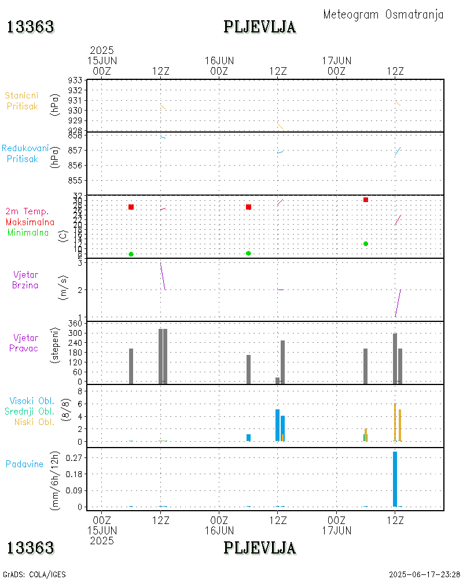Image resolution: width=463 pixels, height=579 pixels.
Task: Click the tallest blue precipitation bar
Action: click(x=395, y=479)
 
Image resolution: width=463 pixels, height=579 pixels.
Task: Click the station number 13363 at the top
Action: click(x=31, y=27)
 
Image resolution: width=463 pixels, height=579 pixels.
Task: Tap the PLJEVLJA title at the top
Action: click(x=260, y=27)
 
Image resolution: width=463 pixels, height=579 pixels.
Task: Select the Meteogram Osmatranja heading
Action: click(x=383, y=14)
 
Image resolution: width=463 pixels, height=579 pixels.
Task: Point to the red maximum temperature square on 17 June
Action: click(x=366, y=200)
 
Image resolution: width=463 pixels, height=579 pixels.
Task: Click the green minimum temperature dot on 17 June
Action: click(x=366, y=244)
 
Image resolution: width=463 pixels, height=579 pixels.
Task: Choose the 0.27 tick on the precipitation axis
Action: click(x=73, y=457)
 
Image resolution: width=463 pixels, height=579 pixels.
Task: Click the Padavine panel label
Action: click(x=24, y=464)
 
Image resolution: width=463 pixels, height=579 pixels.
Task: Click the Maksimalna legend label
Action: click(x=30, y=222)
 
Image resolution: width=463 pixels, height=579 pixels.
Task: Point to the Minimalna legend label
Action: click(x=28, y=232)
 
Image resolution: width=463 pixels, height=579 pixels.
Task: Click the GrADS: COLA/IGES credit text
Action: click(x=35, y=574)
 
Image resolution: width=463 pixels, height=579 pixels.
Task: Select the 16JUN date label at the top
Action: click(x=219, y=60)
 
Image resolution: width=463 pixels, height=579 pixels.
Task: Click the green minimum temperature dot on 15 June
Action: click(x=131, y=254)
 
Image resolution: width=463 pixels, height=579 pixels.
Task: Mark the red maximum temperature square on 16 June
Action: click(x=248, y=207)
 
